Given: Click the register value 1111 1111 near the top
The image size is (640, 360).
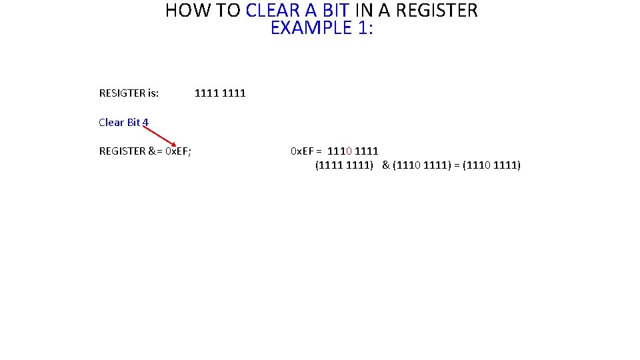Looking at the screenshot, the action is pyautogui.click(x=220, y=93).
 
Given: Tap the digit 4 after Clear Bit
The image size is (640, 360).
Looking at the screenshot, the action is pyautogui.click(x=145, y=123).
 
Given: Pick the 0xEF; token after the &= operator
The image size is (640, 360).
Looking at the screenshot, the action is pyautogui.click(x=178, y=151).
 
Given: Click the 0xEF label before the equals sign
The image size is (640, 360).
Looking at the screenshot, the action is pyautogui.click(x=303, y=151).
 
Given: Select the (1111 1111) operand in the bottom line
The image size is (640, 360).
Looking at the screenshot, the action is pyautogui.click(x=344, y=165).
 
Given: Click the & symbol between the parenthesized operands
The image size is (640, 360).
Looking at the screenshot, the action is pyautogui.click(x=386, y=165).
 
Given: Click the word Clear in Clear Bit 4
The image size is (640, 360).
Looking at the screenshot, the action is pyautogui.click(x=111, y=123).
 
